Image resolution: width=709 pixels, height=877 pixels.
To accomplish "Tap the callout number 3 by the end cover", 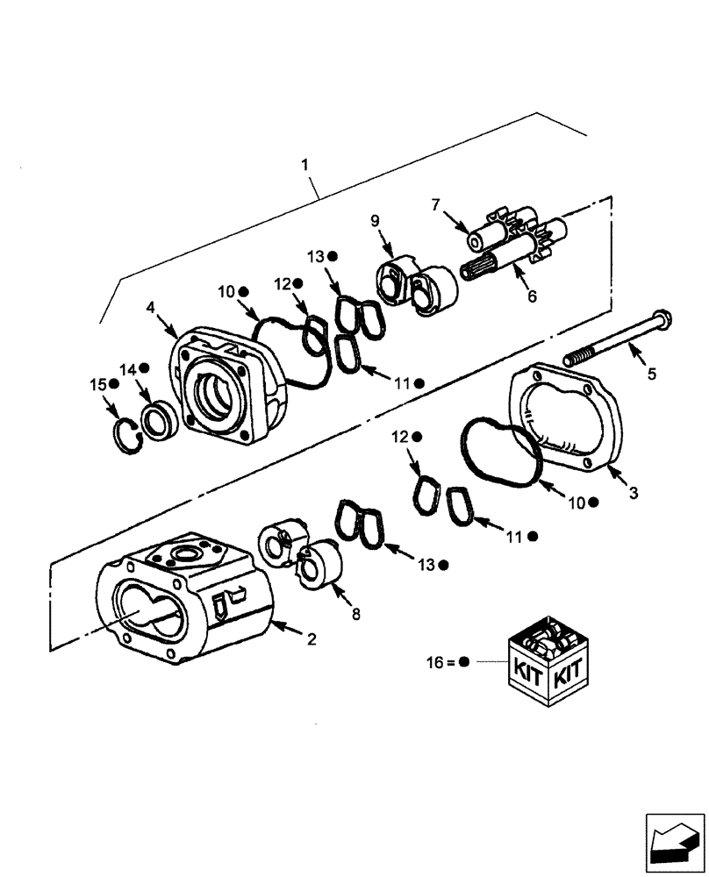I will click(633, 494).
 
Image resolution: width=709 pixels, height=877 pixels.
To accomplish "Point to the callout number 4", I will click(152, 308).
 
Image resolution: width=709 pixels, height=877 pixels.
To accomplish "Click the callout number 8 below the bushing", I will click(355, 614).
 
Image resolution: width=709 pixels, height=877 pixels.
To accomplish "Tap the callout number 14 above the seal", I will click(129, 369).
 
